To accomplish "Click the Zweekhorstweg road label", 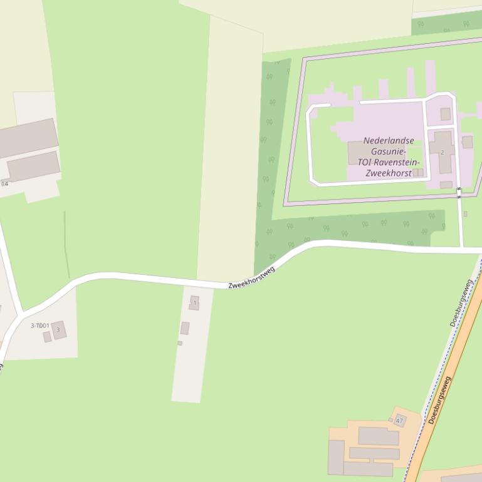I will click(252, 277).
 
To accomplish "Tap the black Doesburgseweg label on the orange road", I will click(441, 400).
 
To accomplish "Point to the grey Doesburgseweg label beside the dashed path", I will click(461, 304).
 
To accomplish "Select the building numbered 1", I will click(194, 303).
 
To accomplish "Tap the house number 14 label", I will click(5, 183).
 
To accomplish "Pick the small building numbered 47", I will click(400, 421).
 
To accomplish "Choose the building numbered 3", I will click(59, 329).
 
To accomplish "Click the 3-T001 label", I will click(40, 326).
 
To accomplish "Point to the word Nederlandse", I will click(389, 141).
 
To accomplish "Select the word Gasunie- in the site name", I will click(388, 151).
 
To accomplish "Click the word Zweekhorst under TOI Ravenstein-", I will click(389, 173).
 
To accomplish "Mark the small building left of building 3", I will click(47, 337).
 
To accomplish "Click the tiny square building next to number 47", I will click(390, 420).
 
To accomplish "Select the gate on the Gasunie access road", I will click(459, 192).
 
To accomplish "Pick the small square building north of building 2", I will click(445, 114).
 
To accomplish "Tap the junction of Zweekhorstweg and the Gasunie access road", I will click(463, 249).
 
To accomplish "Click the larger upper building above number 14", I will click(28, 138).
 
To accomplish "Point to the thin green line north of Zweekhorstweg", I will click(65, 244).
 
